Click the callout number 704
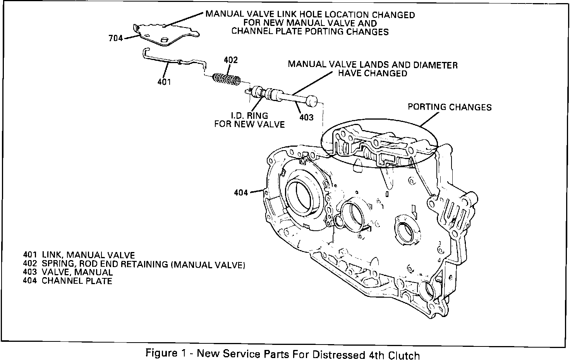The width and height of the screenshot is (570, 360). (115, 38)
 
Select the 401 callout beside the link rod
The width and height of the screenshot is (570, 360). (164, 82)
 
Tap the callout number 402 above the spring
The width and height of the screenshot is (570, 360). (231, 60)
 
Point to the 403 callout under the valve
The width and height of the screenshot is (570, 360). (306, 117)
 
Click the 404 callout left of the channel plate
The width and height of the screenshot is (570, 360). (241, 192)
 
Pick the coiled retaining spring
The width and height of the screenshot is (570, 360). (227, 80)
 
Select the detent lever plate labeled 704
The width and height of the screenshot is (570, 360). (167, 33)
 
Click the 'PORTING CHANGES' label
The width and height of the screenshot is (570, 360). (450, 107)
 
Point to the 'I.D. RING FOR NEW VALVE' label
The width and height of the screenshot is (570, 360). (250, 120)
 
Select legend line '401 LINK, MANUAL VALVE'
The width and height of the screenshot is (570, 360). (79, 255)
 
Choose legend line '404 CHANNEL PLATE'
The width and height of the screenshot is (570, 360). (68, 281)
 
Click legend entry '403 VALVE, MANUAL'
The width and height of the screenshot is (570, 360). (68, 273)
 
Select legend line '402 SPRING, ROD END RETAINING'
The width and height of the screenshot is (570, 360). (134, 264)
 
